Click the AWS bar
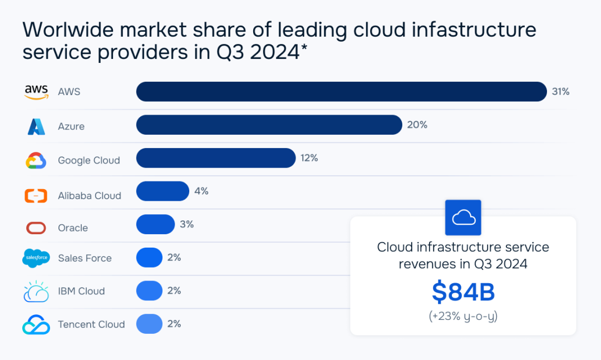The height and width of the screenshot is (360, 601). (x=341, y=92)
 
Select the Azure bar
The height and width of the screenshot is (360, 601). (x=269, y=125)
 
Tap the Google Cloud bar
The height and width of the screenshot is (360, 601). (x=215, y=158)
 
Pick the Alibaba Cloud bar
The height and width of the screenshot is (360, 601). (x=162, y=191)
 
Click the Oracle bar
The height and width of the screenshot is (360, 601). (x=155, y=224)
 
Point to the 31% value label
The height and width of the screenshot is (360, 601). (x=560, y=92)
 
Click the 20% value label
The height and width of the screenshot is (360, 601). (x=417, y=125)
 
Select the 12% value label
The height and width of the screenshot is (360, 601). (x=309, y=158)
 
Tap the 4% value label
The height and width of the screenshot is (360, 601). (x=201, y=191)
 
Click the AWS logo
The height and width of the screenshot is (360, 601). (x=37, y=92)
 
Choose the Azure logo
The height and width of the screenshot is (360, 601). (x=37, y=127)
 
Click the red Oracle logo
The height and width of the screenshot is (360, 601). (x=36, y=228)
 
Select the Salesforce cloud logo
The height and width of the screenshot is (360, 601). (x=36, y=258)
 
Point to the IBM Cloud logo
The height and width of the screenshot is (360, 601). (x=36, y=292)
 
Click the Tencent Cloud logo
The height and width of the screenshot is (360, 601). (x=36, y=324)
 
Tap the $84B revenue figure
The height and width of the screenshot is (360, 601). (x=463, y=292)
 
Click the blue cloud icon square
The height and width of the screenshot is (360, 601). (x=463, y=218)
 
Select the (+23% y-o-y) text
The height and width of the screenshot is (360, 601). (x=463, y=317)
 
